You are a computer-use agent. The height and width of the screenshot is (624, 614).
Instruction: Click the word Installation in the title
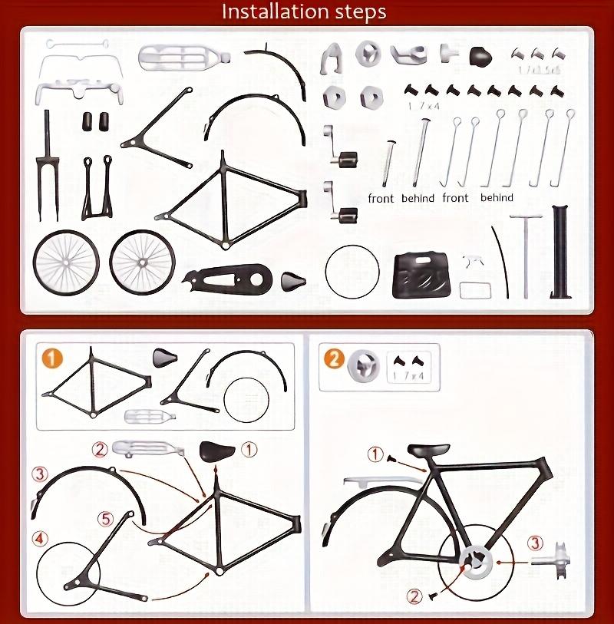coord(264,12)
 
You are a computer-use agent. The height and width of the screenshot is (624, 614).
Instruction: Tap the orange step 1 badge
coord(51,360)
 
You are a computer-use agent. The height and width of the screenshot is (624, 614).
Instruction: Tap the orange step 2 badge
coord(332,358)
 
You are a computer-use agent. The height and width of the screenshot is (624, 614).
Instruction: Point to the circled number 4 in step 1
coord(41,535)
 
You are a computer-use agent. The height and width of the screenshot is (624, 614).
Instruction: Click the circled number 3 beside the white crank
coord(536,543)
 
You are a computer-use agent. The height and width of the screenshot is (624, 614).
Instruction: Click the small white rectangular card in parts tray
coord(475,290)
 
